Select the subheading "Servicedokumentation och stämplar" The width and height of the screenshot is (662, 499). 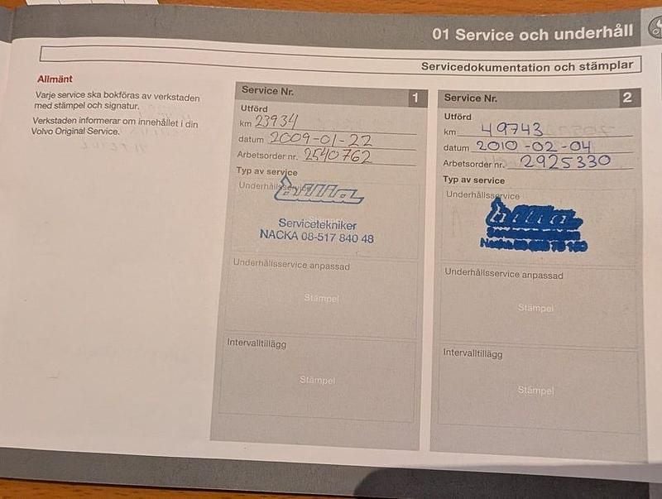click(527, 65)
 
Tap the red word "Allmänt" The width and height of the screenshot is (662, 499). click(55, 79)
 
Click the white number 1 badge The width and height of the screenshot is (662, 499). click(415, 98)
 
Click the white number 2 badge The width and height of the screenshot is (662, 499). click(627, 98)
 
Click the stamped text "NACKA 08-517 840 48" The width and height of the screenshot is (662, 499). click(316, 238)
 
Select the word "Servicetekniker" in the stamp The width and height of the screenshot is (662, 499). click(317, 223)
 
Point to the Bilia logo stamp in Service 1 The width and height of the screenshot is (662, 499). click(318, 194)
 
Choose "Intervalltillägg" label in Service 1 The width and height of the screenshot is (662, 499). click(257, 343)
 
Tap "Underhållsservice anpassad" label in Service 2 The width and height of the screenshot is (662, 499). click(503, 274)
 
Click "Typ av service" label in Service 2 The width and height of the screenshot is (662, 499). click(473, 180)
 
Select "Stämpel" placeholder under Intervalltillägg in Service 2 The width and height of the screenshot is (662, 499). click(535, 390)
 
